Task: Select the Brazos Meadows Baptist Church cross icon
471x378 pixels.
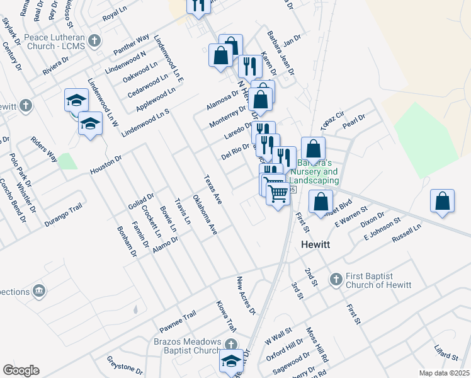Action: (x=232, y=343)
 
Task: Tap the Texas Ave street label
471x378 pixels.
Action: (x=213, y=189)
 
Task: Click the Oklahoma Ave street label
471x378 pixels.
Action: (x=205, y=216)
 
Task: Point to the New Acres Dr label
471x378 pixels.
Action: (x=246, y=295)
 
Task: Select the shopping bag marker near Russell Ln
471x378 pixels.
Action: (x=443, y=202)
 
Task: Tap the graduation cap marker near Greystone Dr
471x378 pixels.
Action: (x=230, y=361)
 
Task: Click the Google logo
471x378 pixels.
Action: (x=21, y=370)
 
